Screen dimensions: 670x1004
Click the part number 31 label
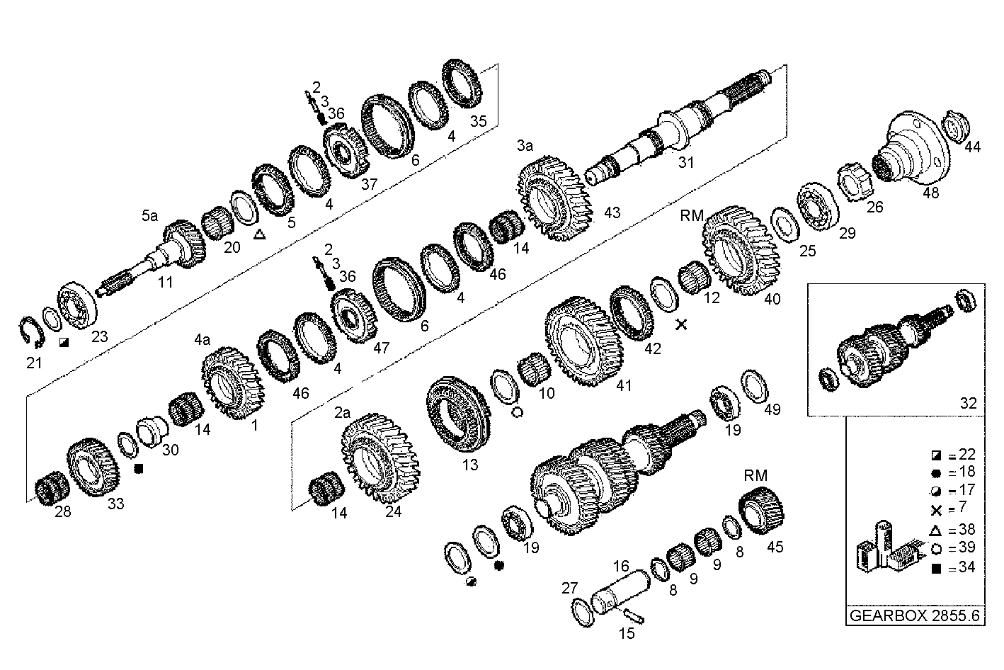point(686,162)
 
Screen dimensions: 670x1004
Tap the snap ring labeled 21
point(30,332)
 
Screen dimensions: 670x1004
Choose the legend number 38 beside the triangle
point(966,529)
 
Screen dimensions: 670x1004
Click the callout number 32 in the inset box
point(968,403)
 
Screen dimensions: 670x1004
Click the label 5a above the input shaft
point(149,216)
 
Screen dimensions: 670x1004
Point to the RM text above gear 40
point(691,215)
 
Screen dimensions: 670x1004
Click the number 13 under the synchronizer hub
point(469,465)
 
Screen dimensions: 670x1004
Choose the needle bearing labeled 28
point(52,488)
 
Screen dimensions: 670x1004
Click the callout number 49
point(771,409)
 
